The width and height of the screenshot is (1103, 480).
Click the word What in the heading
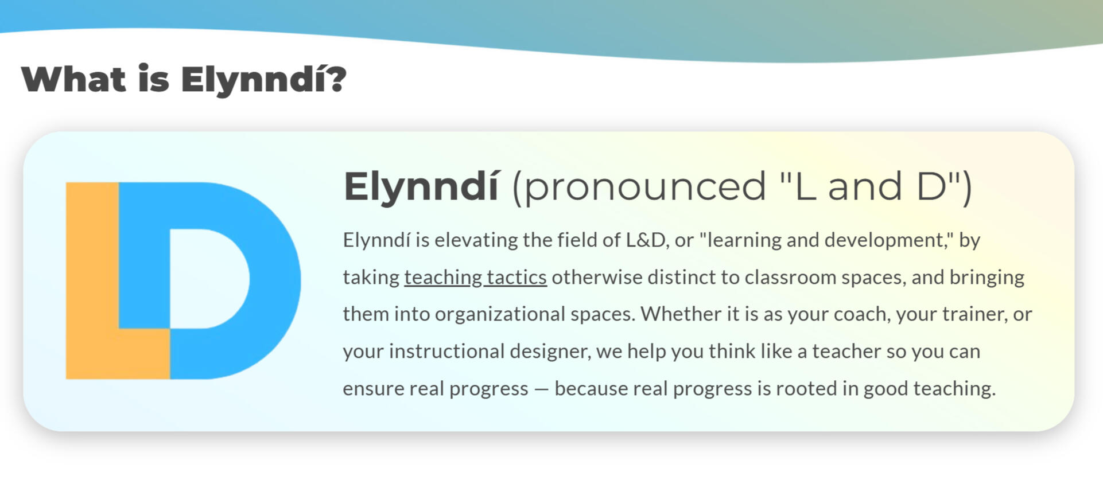[x=73, y=79]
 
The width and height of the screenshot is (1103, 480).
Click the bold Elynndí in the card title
[x=421, y=187]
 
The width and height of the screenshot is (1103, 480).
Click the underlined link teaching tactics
[x=475, y=278]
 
